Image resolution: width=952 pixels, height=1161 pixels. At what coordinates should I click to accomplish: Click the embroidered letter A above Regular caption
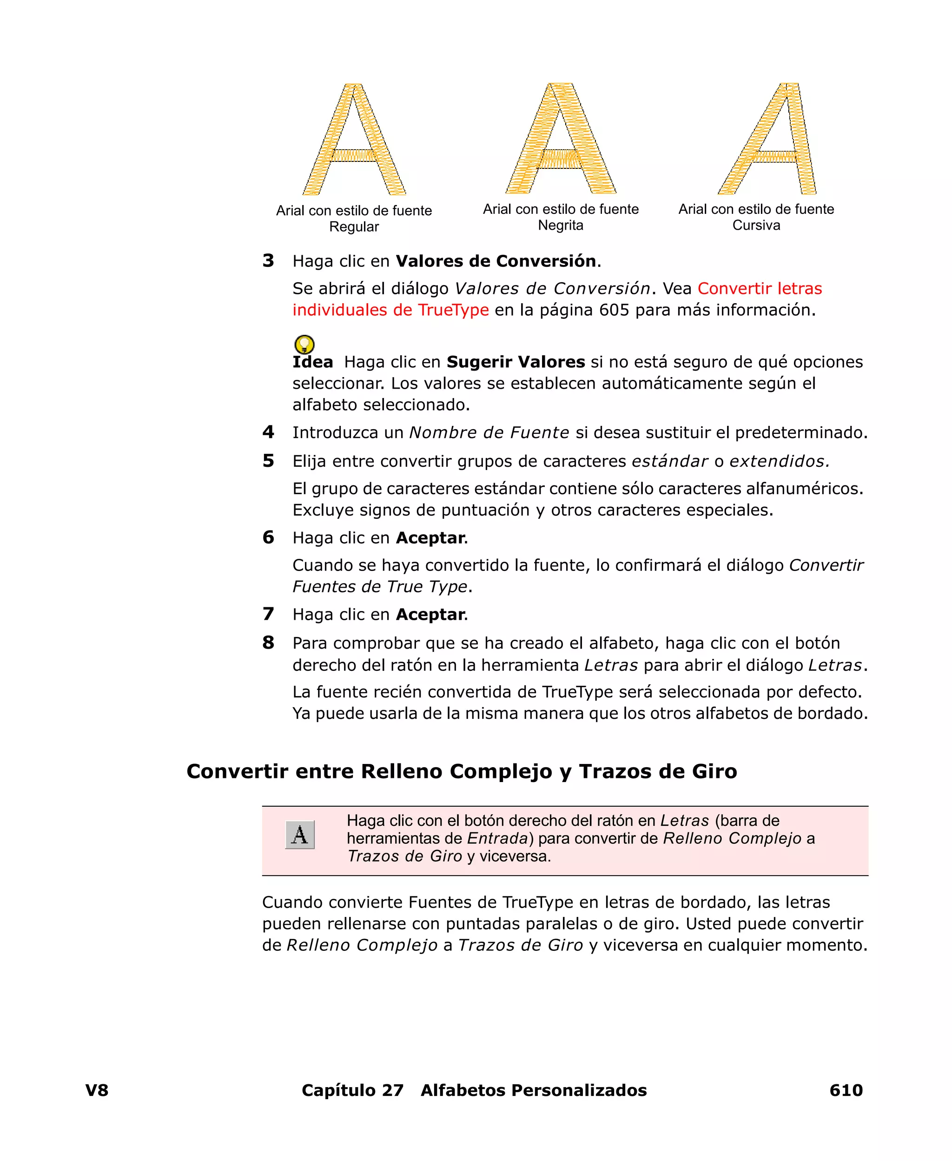pyautogui.click(x=354, y=140)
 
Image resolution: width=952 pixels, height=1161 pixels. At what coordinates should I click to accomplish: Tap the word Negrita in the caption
pyautogui.click(x=561, y=226)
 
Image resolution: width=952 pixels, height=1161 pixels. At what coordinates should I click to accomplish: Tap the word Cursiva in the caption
pyautogui.click(x=756, y=226)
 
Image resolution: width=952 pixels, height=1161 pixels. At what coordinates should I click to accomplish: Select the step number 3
pyautogui.click(x=268, y=260)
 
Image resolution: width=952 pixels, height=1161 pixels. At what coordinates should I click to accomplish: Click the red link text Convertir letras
pyautogui.click(x=760, y=288)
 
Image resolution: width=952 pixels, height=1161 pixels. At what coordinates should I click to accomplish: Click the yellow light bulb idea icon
pyautogui.click(x=304, y=345)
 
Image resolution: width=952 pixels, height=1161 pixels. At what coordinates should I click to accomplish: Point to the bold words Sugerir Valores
pyautogui.click(x=516, y=362)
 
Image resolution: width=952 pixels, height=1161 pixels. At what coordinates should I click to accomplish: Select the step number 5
pyautogui.click(x=268, y=461)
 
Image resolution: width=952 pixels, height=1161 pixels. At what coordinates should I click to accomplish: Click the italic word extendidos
pyautogui.click(x=779, y=461)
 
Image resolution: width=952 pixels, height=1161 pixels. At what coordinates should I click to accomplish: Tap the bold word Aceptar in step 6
pyautogui.click(x=430, y=537)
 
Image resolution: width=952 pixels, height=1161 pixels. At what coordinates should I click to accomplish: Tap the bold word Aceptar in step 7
pyautogui.click(x=430, y=614)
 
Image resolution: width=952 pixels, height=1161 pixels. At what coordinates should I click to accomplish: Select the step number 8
pyautogui.click(x=268, y=642)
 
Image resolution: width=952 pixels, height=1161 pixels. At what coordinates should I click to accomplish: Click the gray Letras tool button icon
pyautogui.click(x=300, y=835)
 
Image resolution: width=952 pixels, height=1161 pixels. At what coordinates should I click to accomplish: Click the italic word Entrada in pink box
pyautogui.click(x=497, y=838)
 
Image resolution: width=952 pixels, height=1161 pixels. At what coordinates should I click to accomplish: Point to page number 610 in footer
pyautogui.click(x=846, y=1090)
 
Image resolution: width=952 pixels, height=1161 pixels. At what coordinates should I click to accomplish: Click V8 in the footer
pyautogui.click(x=97, y=1090)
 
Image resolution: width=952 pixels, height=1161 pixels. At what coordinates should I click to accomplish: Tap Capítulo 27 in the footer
pyautogui.click(x=353, y=1090)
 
